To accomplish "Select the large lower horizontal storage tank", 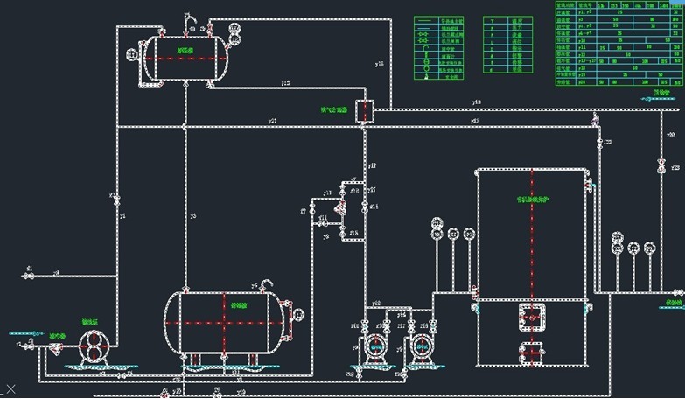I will pyautogui.click(x=225, y=321).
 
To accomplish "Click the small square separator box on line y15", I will pyautogui.click(x=366, y=110).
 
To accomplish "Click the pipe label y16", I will pyautogui.click(x=379, y=64).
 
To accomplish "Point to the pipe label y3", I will pyautogui.click(x=192, y=214).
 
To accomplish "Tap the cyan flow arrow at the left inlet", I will pyautogui.click(x=26, y=333).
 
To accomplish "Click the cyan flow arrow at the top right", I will pyautogui.click(x=657, y=99).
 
